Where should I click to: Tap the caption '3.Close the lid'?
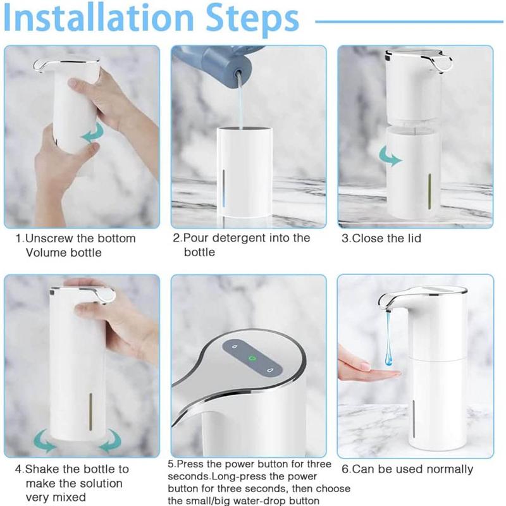(x=381, y=238)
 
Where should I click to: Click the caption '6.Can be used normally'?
(x=407, y=469)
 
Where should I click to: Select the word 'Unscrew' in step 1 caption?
(x=61, y=238)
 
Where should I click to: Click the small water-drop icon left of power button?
(x=233, y=347)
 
